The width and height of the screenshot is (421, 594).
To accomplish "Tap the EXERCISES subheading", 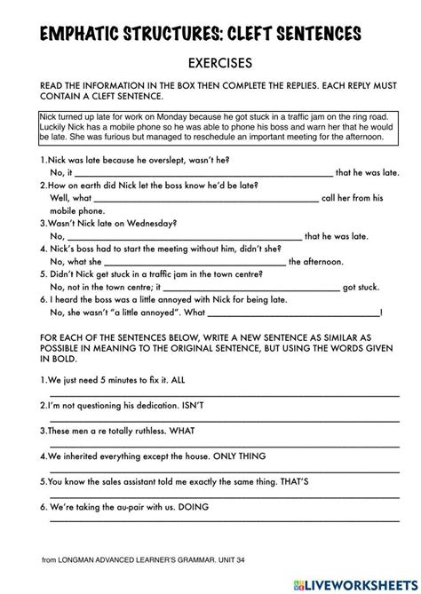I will coord(210,64).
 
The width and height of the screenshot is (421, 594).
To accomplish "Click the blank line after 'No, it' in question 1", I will coord(203,172).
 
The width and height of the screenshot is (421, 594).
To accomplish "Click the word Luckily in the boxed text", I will coord(55,125).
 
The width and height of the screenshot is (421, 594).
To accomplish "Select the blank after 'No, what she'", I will coord(195,262).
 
